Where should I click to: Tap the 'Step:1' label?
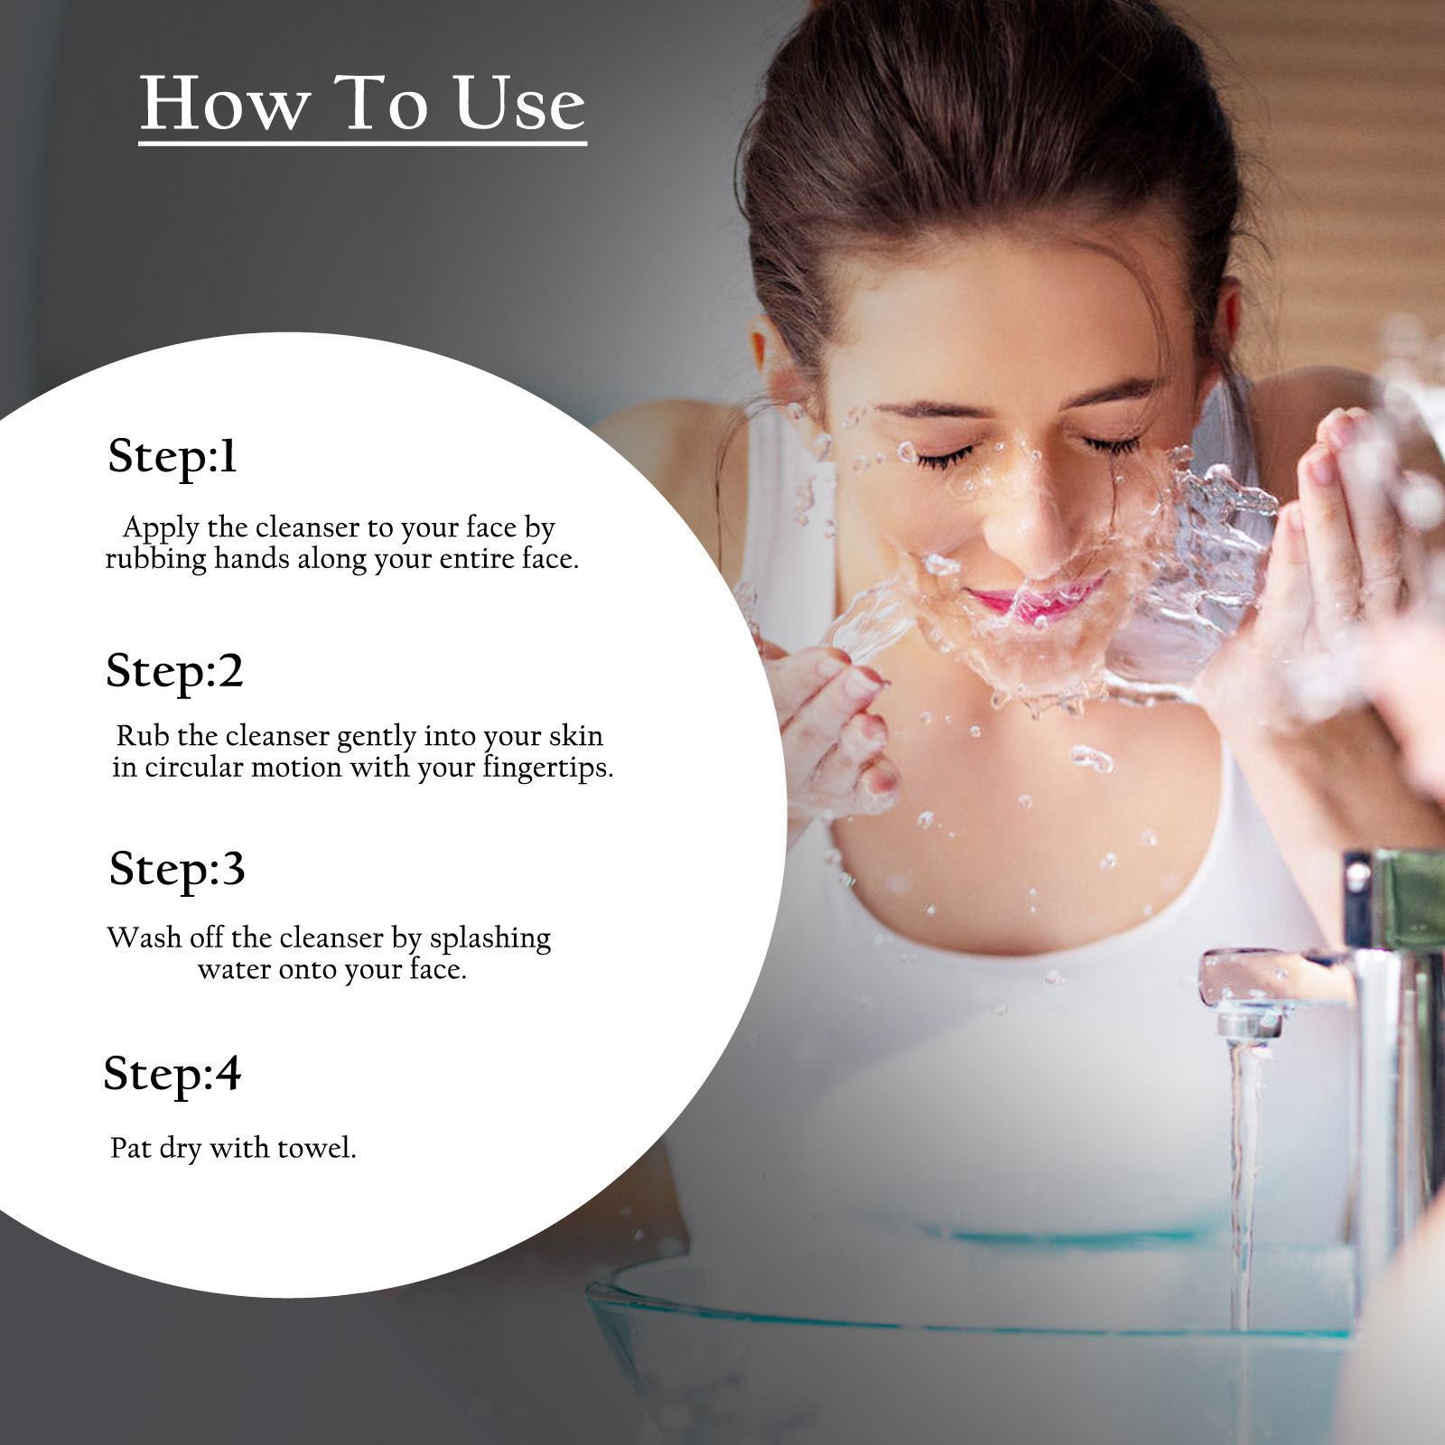(172, 456)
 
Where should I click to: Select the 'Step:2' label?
(174, 671)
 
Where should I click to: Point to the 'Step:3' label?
(177, 870)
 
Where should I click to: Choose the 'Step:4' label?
(172, 1075)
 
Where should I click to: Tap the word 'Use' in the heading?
(519, 103)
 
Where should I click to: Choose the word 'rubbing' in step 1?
(156, 560)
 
